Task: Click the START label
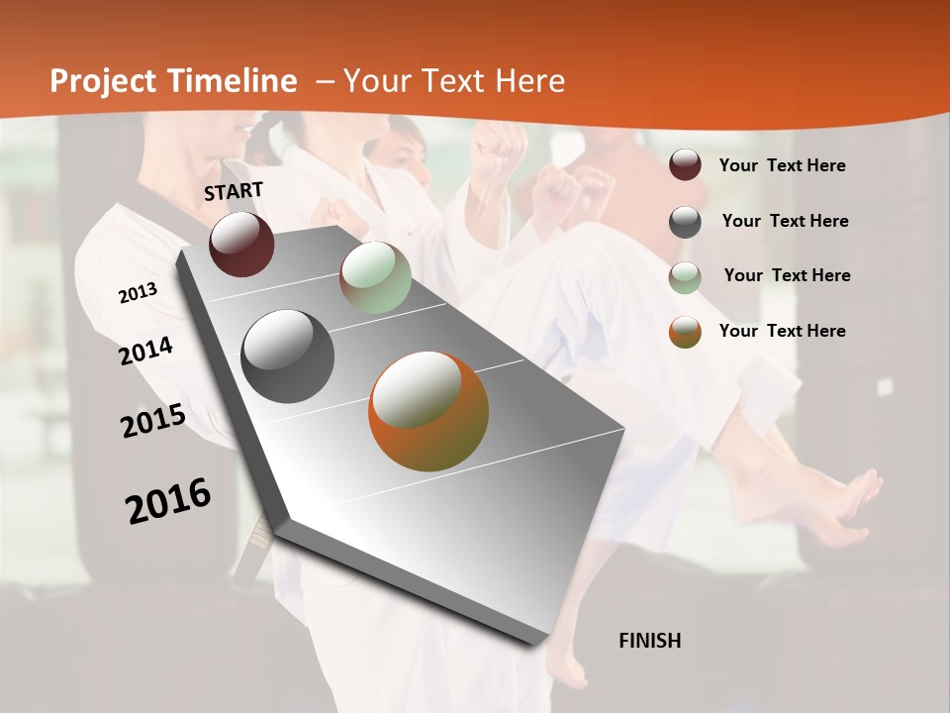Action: coord(234,191)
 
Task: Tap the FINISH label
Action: coord(650,641)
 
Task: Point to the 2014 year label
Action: coord(146,352)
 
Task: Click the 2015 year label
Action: coord(153,421)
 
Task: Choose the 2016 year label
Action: coord(168,500)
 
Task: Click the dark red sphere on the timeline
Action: coord(241,244)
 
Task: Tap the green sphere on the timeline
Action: coord(375,278)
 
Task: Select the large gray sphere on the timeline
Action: coord(288,356)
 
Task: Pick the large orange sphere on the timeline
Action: coord(428,411)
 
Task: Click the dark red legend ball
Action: coord(685,165)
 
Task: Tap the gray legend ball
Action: coord(685,222)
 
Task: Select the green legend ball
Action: coord(685,277)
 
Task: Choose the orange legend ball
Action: coord(685,332)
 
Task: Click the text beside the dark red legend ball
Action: coord(782,165)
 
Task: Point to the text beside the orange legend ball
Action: coord(782,331)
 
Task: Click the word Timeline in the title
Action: coord(234,81)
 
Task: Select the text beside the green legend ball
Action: coord(787,275)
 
